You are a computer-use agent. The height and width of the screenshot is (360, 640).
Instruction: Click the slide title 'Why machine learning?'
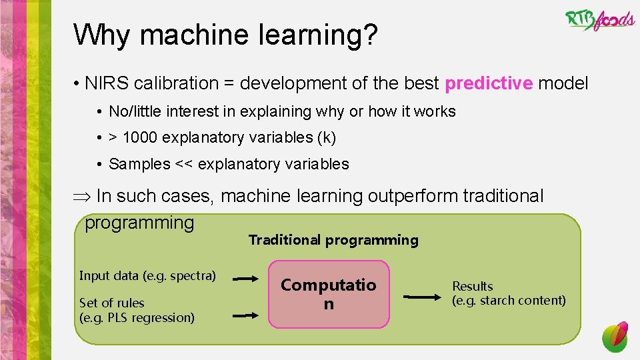click(x=226, y=35)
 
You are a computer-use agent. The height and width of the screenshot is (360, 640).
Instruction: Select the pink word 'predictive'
click(x=489, y=83)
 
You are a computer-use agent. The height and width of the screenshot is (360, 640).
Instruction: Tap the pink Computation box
click(x=329, y=294)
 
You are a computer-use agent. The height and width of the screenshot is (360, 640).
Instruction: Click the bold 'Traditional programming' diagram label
click(x=333, y=240)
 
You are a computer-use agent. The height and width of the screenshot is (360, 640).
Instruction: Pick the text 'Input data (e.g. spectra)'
click(x=147, y=275)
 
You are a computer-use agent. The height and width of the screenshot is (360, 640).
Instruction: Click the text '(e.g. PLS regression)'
click(x=137, y=317)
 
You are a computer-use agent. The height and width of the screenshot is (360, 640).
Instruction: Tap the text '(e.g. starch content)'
click(x=509, y=300)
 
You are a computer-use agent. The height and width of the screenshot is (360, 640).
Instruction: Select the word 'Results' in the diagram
click(x=473, y=287)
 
